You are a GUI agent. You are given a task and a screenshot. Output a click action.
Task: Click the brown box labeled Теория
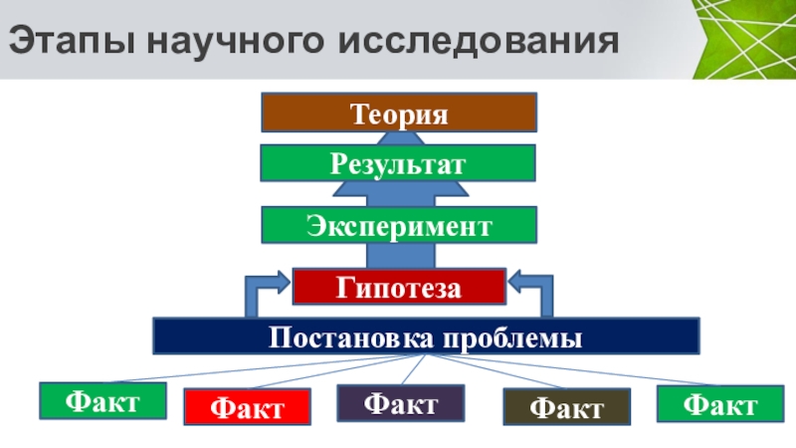(399, 112)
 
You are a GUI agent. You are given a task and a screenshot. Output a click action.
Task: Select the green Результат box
(398, 162)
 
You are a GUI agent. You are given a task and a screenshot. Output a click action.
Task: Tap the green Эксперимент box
(398, 225)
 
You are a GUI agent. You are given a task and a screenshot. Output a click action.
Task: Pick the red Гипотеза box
(398, 287)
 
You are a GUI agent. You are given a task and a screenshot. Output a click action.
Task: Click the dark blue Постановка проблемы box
(426, 336)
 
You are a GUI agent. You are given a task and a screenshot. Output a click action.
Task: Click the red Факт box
(248, 407)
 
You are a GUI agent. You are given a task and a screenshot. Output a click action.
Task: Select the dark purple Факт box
(400, 403)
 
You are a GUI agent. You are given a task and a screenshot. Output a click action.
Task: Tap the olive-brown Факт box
(566, 407)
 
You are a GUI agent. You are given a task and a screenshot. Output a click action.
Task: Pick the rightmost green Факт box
(720, 404)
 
